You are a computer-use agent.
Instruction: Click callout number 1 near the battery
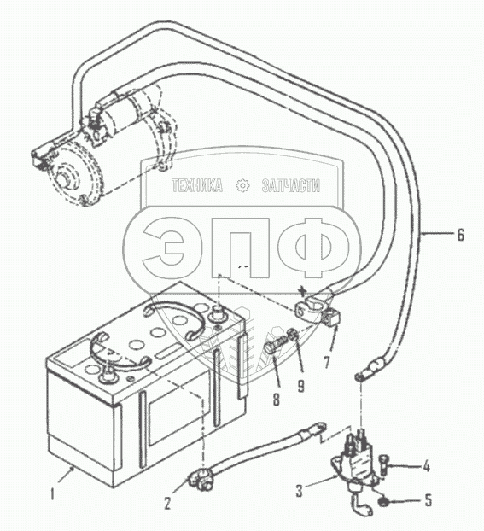point(52,494)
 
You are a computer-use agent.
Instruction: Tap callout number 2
point(167,503)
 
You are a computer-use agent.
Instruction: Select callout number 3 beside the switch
point(299,491)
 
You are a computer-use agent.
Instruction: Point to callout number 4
point(427,466)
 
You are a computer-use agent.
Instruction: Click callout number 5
point(429,500)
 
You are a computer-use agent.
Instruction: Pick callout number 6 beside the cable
point(460,235)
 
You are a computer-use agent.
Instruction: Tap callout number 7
point(326,362)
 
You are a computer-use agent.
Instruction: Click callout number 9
point(300,385)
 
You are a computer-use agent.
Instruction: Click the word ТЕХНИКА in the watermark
point(197,185)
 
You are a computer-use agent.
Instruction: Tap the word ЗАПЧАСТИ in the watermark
point(290,185)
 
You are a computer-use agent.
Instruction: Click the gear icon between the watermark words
point(242,185)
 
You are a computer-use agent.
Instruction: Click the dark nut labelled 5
point(383,501)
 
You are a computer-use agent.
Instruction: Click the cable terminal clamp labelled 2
point(201,478)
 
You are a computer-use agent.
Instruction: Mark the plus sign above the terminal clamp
point(303,290)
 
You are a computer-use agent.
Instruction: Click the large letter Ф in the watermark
point(313,248)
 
